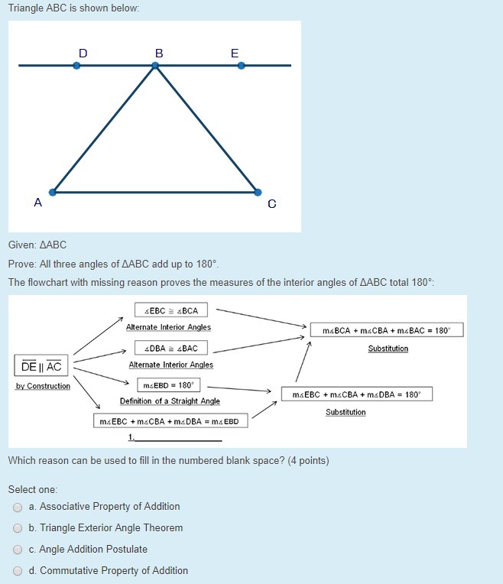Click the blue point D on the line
pos(76,66)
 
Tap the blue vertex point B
pos(155,66)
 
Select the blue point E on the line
pos(241,66)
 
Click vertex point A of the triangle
pos(53,192)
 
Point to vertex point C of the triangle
pos(258,192)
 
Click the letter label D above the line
pos(83,53)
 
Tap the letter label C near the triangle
pos(272,204)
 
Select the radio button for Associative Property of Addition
pos(18,507)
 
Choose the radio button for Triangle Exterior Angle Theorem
pos(18,528)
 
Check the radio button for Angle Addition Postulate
pos(18,550)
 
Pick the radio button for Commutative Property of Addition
pos(18,571)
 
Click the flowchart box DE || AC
pos(41,366)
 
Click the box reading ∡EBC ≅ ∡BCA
pos(171,310)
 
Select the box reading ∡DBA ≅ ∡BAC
pos(170,348)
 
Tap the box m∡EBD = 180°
pos(169,385)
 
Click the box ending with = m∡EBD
pos(169,421)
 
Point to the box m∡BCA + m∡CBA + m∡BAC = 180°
pos(387,331)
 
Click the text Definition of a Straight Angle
pos(170,401)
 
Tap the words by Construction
pos(43,386)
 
